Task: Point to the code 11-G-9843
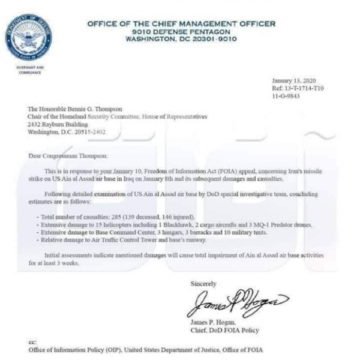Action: tap(286, 95)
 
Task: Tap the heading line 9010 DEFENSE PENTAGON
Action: tap(181, 31)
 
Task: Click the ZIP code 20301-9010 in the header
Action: tap(214, 39)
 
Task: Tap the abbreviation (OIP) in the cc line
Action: tap(113, 349)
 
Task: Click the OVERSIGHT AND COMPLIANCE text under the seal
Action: tap(30, 70)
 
